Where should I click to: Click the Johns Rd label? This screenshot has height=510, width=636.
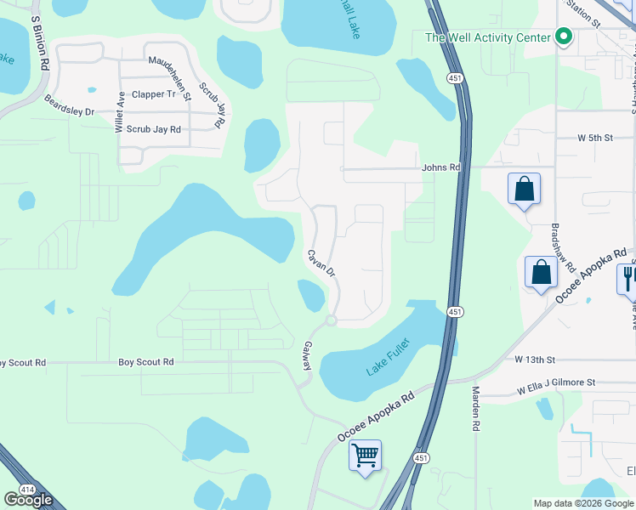coord(440,168)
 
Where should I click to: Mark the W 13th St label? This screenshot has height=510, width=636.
coord(535,360)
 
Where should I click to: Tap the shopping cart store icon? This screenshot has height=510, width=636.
coord(366,456)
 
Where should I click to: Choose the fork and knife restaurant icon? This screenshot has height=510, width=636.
coord(629,278)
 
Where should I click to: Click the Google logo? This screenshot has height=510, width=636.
coord(28,500)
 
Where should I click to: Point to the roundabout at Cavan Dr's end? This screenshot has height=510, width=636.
coord(331,320)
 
